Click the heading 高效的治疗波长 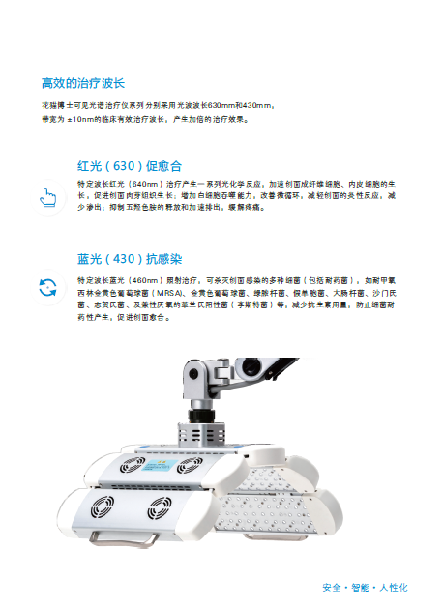click(90, 84)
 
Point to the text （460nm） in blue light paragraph click(145, 277)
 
